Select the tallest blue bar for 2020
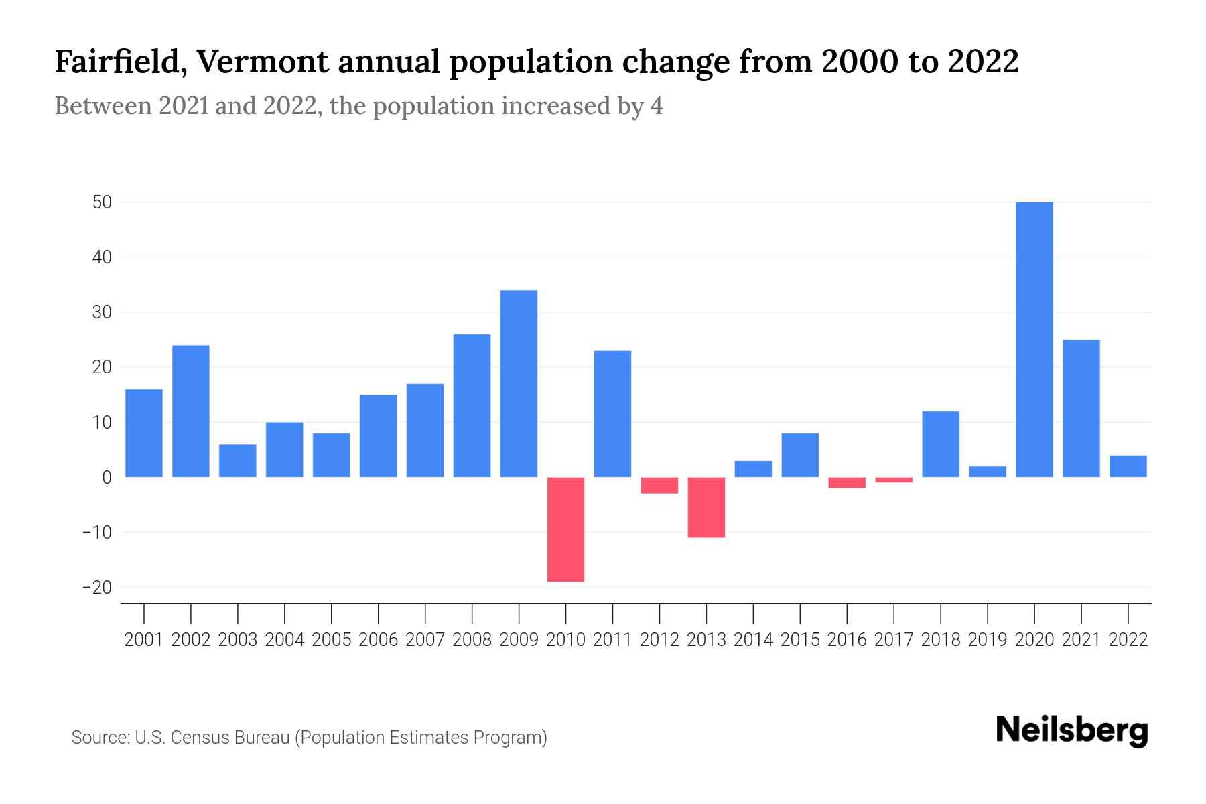click(1034, 340)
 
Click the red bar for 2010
click(565, 529)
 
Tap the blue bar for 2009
click(519, 383)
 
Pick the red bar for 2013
click(706, 507)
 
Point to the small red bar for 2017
click(894, 480)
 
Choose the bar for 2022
click(1128, 466)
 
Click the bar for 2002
click(191, 411)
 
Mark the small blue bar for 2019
click(987, 472)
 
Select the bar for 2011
click(612, 413)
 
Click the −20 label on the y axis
click(96, 588)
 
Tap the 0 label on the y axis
click(107, 477)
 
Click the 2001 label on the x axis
click(144, 640)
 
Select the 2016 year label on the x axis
click(847, 640)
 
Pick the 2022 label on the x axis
click(1128, 640)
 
